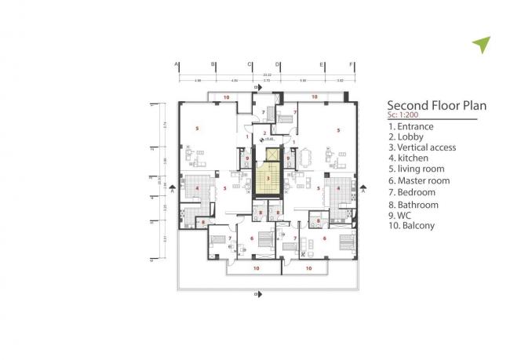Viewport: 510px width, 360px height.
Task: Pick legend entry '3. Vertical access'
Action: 427,147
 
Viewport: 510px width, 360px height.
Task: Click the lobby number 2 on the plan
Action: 264,132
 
